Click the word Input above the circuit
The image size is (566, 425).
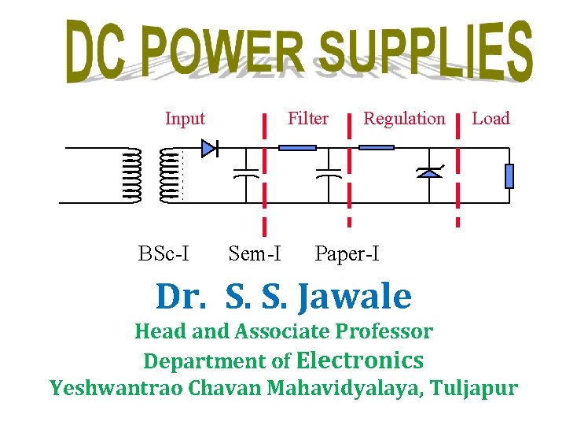185,119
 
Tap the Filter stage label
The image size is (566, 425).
307,119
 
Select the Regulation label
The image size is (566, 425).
403,119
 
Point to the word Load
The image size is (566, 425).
491,119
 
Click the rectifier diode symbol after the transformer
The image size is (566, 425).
209,148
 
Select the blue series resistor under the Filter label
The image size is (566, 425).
297,147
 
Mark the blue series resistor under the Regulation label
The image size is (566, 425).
376,147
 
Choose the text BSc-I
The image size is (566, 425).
164,253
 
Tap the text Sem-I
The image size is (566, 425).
255,253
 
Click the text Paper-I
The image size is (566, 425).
347,253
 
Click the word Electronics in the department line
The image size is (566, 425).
360,360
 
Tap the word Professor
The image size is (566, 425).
384,331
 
